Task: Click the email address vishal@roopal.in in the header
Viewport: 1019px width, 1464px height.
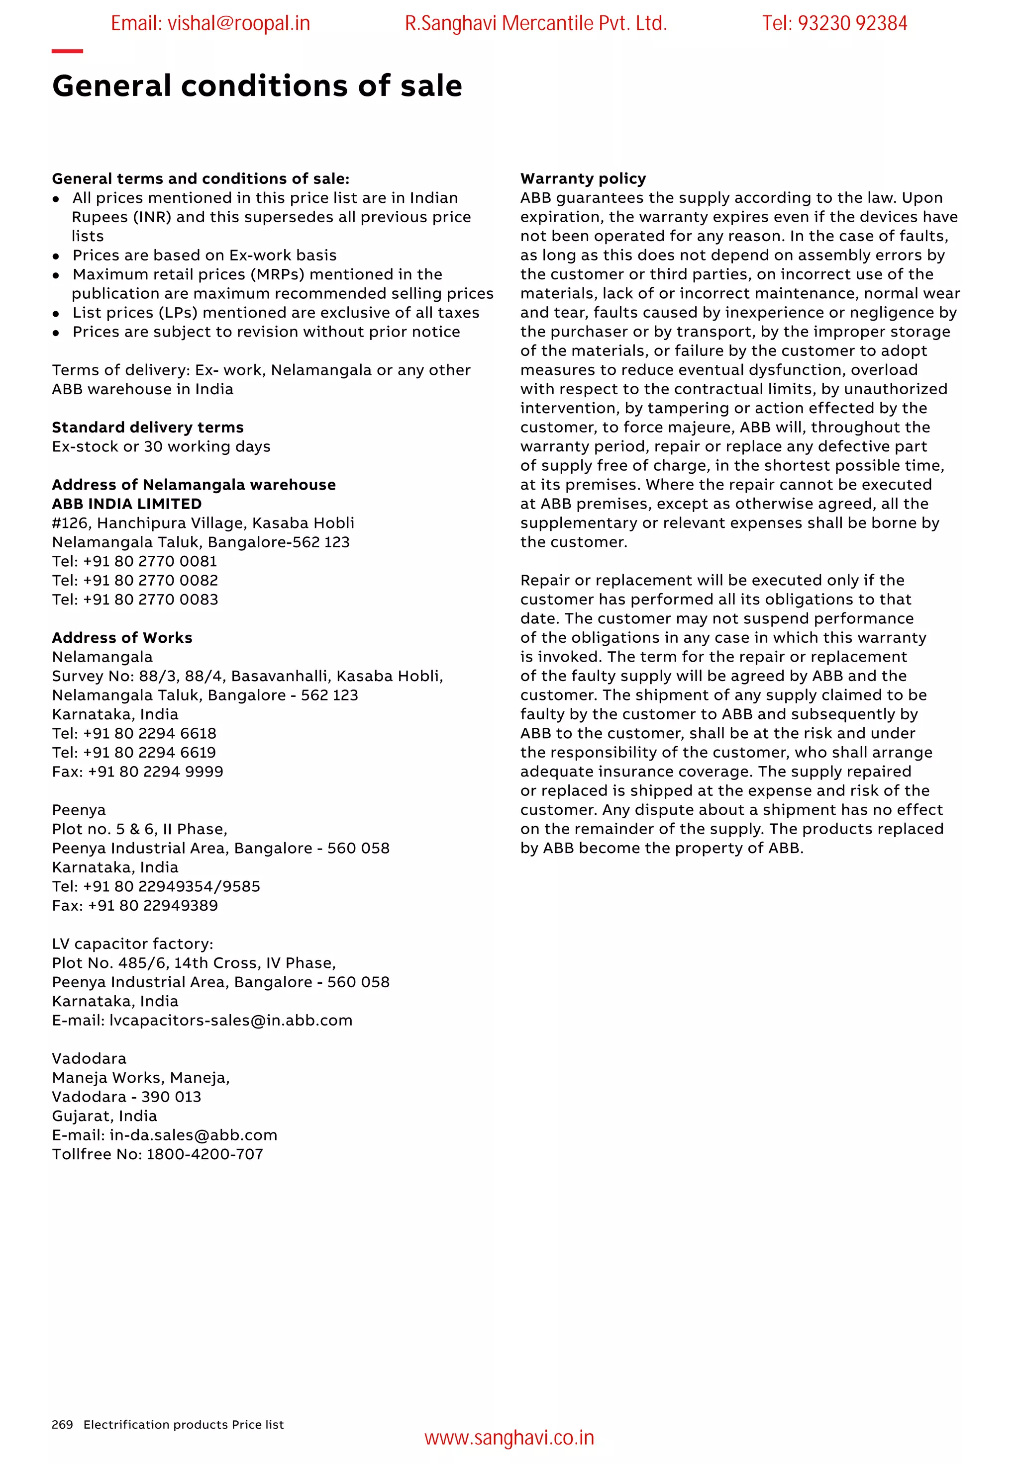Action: tap(210, 23)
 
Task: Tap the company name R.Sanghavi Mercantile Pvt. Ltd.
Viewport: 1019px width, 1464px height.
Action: tap(535, 23)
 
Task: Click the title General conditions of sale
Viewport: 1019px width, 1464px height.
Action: tap(257, 86)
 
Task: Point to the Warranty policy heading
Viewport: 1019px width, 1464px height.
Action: tap(583, 178)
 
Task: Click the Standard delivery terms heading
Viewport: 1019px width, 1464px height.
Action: tap(147, 427)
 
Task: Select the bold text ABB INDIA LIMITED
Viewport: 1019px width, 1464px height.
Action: tap(126, 504)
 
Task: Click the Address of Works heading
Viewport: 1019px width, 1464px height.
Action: tap(122, 638)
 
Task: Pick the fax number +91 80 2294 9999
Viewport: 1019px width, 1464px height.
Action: tap(155, 772)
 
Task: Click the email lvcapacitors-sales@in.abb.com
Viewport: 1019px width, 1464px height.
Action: tap(230, 1020)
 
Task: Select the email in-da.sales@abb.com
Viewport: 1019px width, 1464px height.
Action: tap(194, 1135)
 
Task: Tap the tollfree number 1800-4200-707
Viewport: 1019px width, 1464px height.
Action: tap(204, 1154)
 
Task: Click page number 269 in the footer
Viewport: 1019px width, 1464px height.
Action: tap(62, 1424)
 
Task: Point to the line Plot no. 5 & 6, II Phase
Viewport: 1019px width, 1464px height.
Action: tap(139, 829)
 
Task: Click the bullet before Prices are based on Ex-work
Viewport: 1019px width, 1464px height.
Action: tap(56, 256)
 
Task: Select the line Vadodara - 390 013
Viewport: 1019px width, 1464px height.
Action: tap(126, 1097)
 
